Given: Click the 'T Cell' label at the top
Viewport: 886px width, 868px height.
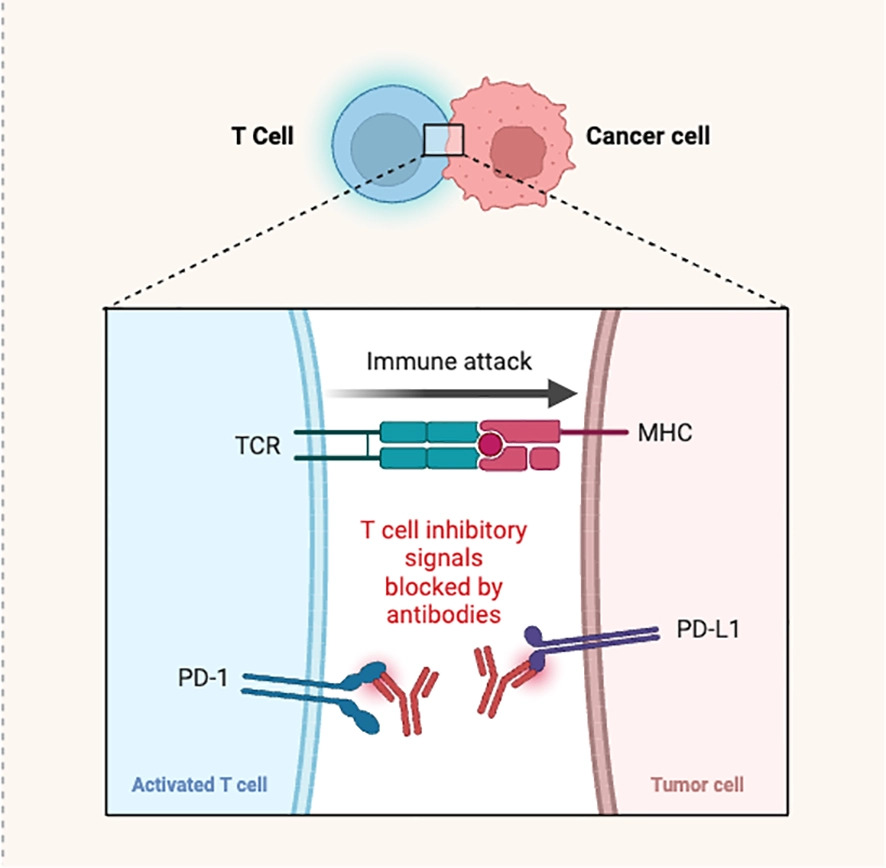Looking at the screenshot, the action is click(263, 136).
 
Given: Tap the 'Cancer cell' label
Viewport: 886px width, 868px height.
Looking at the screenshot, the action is click(648, 136).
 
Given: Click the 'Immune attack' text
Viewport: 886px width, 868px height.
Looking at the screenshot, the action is click(449, 361).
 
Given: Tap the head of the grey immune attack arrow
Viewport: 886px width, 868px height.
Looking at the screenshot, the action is click(563, 393).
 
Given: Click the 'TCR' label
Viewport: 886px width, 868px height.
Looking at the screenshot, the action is click(258, 445).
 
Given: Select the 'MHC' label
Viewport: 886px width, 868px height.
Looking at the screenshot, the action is click(665, 433).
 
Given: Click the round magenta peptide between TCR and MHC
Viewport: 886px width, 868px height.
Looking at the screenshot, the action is click(490, 444).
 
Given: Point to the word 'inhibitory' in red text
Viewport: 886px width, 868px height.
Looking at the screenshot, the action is click(476, 531).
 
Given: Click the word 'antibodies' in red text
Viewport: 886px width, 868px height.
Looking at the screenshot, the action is click(444, 614).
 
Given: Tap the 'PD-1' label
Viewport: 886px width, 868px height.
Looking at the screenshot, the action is click(203, 677).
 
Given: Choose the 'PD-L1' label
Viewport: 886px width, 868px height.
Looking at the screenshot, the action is click(708, 629).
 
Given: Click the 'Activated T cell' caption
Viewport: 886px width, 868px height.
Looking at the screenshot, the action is click(199, 784).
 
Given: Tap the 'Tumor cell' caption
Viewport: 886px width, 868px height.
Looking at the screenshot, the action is click(697, 784).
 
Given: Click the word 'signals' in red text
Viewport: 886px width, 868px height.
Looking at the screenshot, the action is click(444, 559).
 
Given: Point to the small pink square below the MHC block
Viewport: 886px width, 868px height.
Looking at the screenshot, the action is click(545, 458).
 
